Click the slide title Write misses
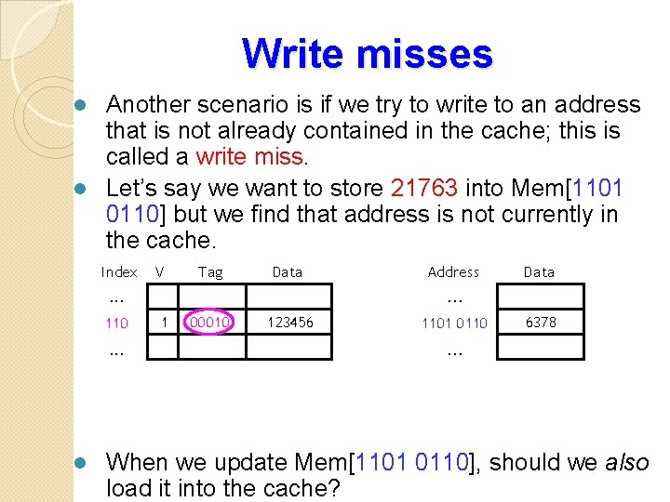[367, 54]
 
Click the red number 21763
[424, 189]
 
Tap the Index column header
[119, 272]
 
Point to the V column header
[160, 272]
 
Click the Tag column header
[210, 272]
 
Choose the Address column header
[453, 272]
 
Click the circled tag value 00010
[211, 323]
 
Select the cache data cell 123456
[289, 323]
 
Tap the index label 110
[116, 324]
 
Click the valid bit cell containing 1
[164, 323]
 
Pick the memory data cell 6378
[540, 323]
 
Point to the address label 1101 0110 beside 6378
[453, 323]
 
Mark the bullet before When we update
[81, 463]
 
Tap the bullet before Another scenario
[81, 104]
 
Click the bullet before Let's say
[81, 189]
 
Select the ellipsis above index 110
[116, 298]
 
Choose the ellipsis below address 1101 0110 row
[453, 351]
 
